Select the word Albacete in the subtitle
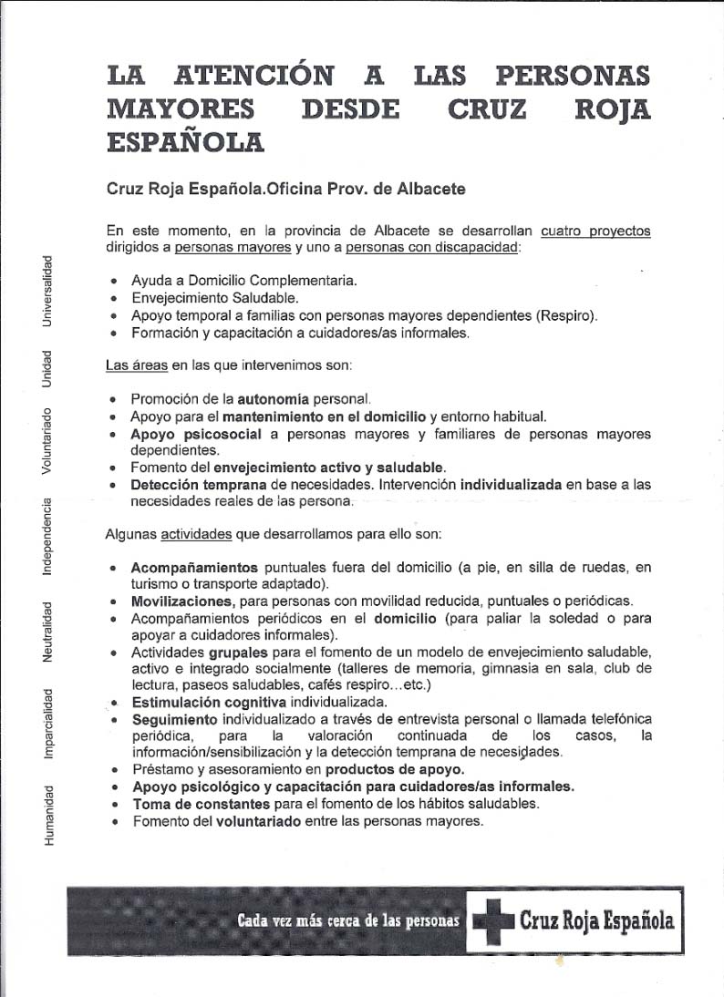pyautogui.click(x=435, y=190)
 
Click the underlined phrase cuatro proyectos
pyautogui.click(x=595, y=231)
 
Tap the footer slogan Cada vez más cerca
pyautogui.click(x=347, y=920)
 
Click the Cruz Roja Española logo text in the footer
pyautogui.click(x=596, y=920)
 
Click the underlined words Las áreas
pyautogui.click(x=135, y=366)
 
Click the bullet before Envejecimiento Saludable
pyautogui.click(x=113, y=298)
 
